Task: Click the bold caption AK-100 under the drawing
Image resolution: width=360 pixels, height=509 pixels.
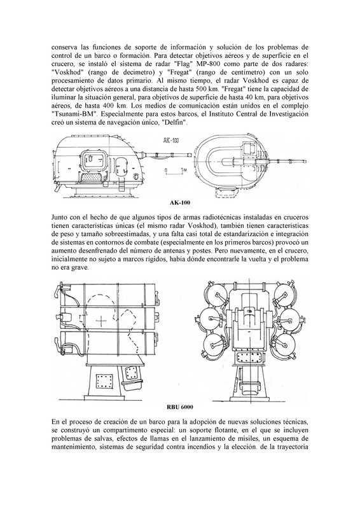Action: point(180,203)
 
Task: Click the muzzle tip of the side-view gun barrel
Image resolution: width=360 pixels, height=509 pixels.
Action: point(191,153)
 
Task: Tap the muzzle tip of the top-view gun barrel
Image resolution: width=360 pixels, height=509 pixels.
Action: point(307,160)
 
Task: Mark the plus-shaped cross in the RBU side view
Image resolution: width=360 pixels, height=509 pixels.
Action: point(102,321)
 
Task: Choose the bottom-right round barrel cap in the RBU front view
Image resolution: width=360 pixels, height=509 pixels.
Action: point(286,343)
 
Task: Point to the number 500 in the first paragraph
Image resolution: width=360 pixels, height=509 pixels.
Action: point(200,88)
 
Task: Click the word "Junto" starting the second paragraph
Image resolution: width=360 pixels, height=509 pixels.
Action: point(59,217)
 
